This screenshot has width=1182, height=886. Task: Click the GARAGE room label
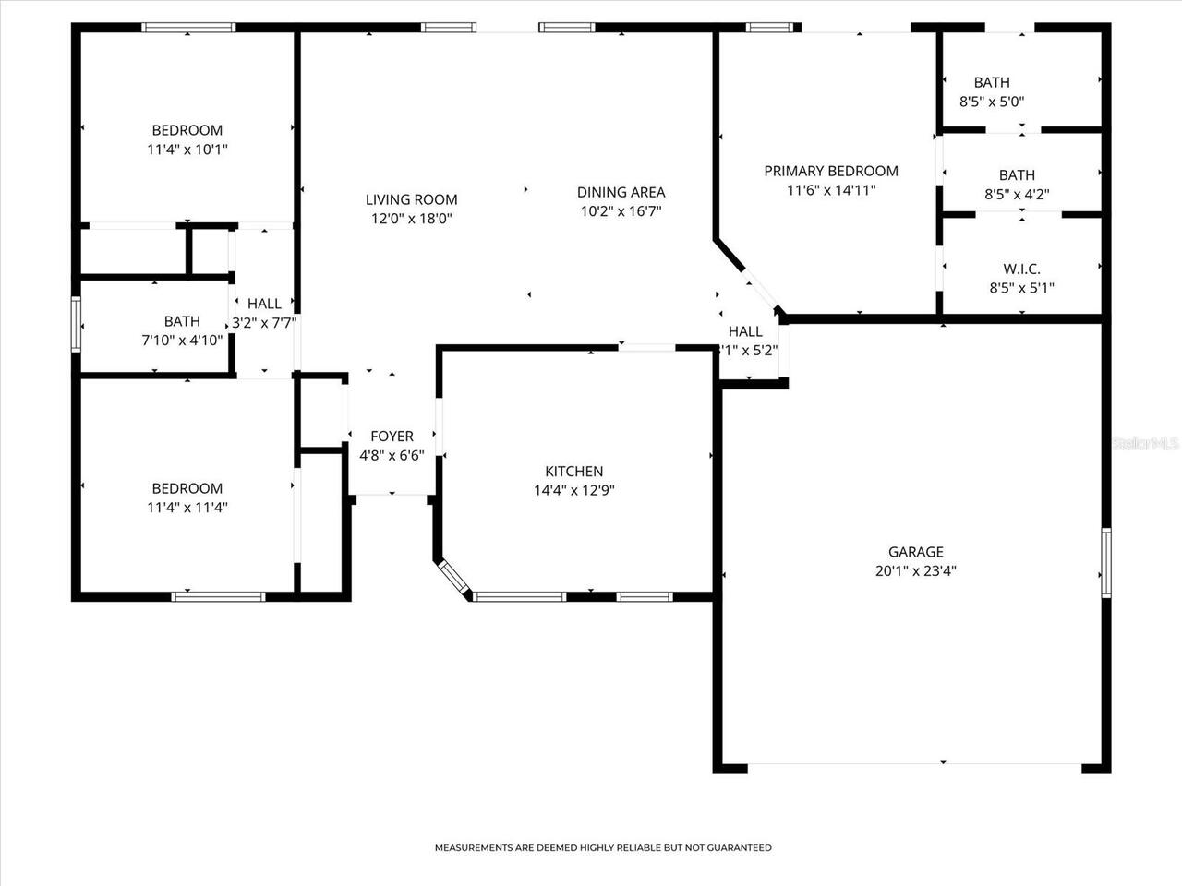[x=916, y=552]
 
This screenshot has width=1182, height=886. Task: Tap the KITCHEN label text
[x=573, y=472]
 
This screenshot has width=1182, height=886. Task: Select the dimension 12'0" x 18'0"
[x=411, y=219]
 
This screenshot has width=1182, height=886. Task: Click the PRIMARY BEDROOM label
[x=831, y=171]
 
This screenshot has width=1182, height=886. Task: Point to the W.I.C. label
[x=1021, y=269]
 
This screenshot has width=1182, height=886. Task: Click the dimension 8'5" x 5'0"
[x=992, y=102]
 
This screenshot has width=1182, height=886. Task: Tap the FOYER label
[x=392, y=437]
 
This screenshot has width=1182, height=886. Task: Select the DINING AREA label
[x=621, y=192]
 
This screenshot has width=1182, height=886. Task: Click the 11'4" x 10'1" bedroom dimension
[x=187, y=149]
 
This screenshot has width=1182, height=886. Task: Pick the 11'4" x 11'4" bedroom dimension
[x=187, y=507]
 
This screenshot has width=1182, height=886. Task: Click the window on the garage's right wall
[x=1105, y=563]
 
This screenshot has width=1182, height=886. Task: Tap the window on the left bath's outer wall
[x=77, y=323]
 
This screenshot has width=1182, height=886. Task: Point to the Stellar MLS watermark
[x=1145, y=444]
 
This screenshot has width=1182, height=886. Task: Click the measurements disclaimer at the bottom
[x=603, y=847]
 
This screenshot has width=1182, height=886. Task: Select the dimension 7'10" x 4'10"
[x=182, y=340]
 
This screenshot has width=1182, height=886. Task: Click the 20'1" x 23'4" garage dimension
[x=916, y=570]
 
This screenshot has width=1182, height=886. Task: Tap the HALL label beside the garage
[x=745, y=331]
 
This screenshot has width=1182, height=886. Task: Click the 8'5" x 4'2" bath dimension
[x=1017, y=194]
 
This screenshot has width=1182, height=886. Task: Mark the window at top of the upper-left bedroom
[x=187, y=28]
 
